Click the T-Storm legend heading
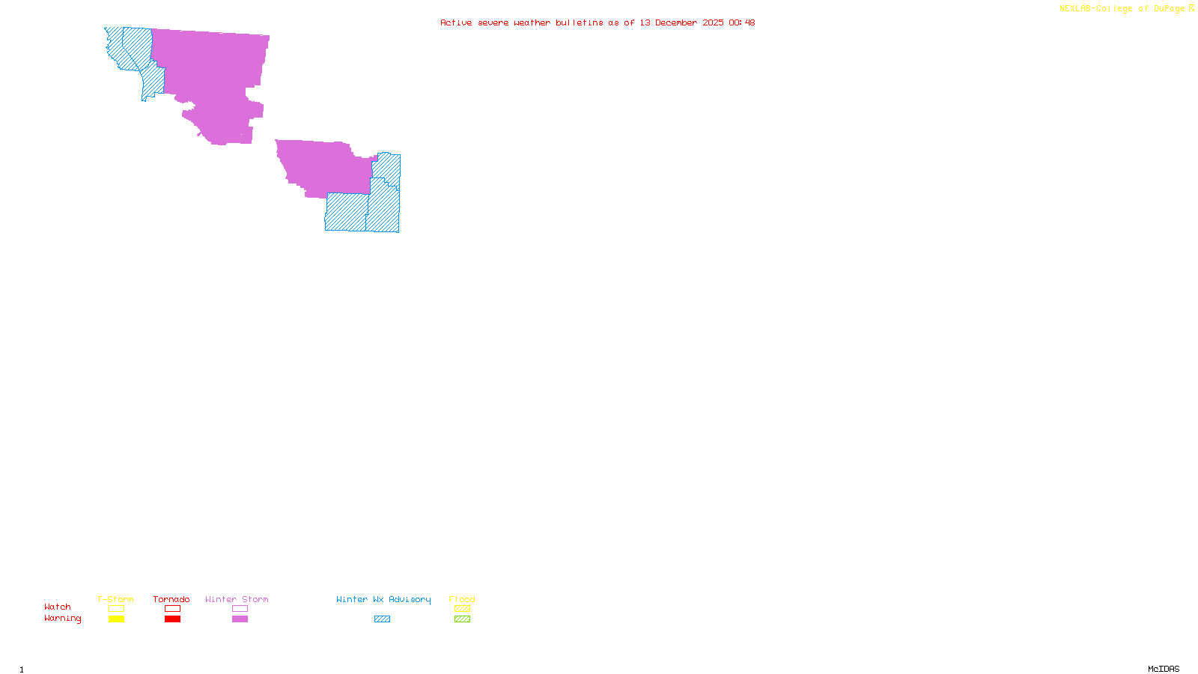[115, 599]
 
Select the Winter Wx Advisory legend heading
[383, 599]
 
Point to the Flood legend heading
[462, 599]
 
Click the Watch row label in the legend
[58, 607]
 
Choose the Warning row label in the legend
[63, 619]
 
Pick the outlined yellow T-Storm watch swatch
[116, 609]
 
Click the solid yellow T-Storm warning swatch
[116, 619]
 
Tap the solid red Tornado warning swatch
[173, 619]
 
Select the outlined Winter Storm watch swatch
[240, 609]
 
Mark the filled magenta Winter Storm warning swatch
[240, 619]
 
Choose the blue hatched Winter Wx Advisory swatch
[382, 619]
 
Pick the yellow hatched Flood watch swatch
[462, 609]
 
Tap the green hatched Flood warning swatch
[462, 619]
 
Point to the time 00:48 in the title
[741, 22]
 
